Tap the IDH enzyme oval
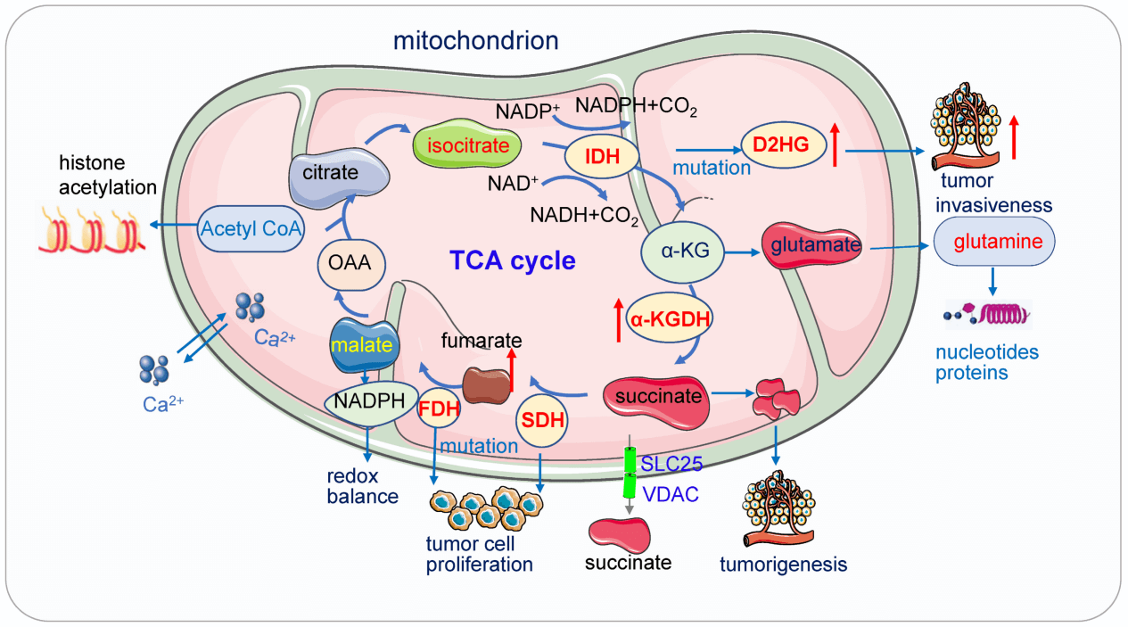tap(602, 158)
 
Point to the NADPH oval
tap(367, 400)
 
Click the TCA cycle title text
tap(512, 260)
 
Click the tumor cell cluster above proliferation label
tap(486, 510)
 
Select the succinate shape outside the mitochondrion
tap(619, 533)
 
